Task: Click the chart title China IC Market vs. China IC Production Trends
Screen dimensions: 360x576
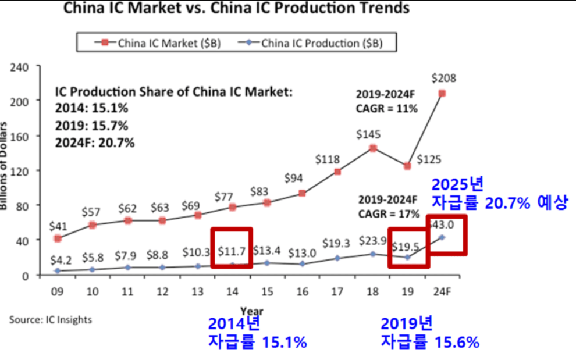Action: [x=236, y=9]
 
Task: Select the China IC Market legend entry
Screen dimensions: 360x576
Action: [x=162, y=42]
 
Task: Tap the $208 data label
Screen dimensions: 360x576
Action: [x=443, y=78]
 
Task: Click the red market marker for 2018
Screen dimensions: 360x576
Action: [x=373, y=148]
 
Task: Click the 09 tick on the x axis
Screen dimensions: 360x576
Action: [x=57, y=291]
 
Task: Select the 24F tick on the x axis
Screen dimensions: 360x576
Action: [x=442, y=291]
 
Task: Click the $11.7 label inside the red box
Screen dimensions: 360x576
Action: [x=232, y=252]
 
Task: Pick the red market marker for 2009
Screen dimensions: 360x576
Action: [x=57, y=238]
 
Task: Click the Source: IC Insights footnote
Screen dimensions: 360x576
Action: [x=50, y=319]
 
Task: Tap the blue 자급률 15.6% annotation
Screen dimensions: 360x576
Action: [x=430, y=343]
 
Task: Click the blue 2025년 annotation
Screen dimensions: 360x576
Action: [x=457, y=185]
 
